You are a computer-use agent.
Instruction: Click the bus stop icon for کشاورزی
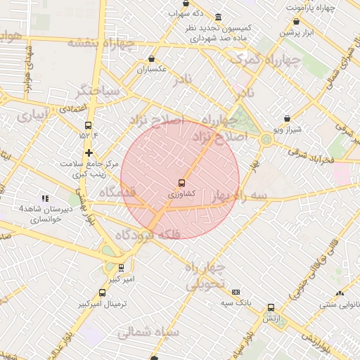point(181,183)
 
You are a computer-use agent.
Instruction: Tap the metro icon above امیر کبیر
point(122,268)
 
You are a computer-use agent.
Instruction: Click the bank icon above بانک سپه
point(236,292)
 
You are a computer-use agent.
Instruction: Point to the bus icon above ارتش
point(271,307)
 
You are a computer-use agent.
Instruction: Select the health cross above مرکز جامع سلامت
point(89,153)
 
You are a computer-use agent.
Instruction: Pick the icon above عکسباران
point(151,59)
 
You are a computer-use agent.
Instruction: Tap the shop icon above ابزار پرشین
point(295,21)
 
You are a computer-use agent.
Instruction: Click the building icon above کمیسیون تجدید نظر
point(219,17)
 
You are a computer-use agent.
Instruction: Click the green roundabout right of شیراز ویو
point(266,139)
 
